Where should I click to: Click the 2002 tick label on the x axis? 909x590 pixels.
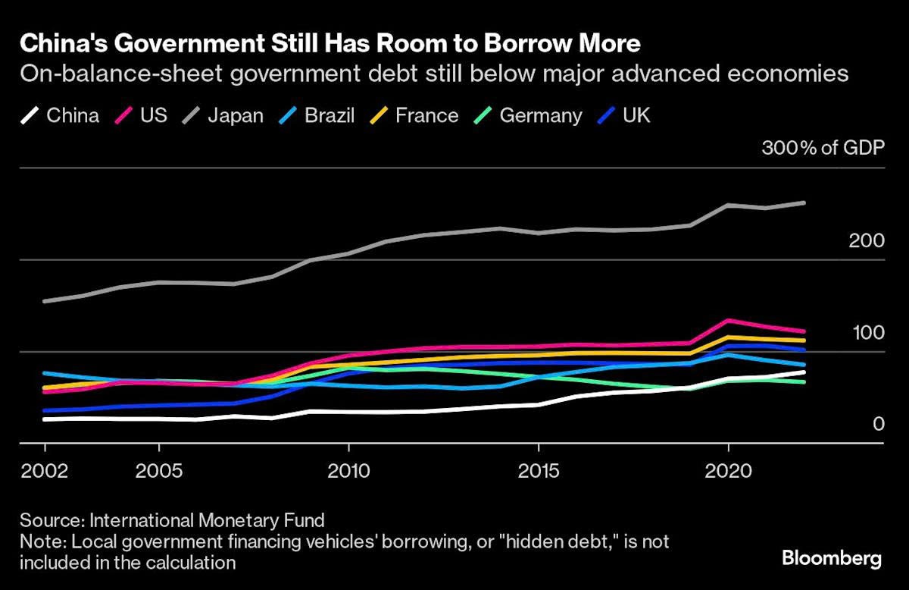pos(45,471)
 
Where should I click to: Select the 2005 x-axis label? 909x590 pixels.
pos(158,471)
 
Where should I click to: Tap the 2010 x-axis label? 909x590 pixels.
pos(348,471)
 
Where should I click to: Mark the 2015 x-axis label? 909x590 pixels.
pos(538,471)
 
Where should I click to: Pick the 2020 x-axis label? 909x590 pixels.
pos(728,471)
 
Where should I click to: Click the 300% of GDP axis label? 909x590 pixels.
pos(823,148)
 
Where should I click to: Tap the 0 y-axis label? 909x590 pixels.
pos(878,424)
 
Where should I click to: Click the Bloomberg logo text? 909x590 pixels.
pos(832,560)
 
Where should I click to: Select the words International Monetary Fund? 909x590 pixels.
pos(207,521)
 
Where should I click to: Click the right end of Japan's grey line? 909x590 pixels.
pos(804,202)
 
